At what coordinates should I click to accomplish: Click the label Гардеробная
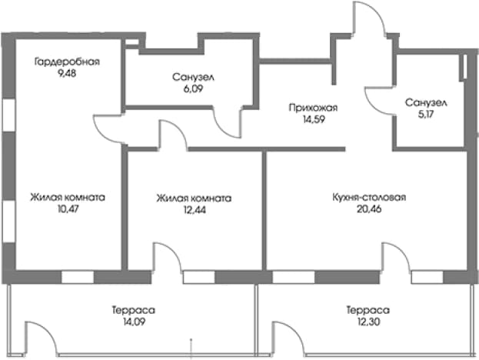click(x=67, y=62)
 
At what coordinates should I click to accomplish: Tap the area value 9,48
click(x=67, y=73)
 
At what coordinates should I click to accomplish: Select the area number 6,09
click(x=193, y=88)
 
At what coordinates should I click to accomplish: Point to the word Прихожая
click(x=313, y=108)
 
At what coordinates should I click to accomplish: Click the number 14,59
click(x=314, y=119)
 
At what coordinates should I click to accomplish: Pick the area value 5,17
click(x=426, y=115)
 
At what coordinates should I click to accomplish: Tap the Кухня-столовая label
click(x=369, y=197)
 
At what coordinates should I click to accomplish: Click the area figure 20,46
click(x=369, y=209)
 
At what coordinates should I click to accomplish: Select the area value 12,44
click(x=195, y=210)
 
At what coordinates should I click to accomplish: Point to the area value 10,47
click(x=68, y=209)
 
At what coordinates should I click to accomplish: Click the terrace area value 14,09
click(x=134, y=322)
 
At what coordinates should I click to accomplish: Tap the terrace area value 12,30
click(x=368, y=322)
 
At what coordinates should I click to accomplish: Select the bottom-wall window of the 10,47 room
click(x=78, y=277)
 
